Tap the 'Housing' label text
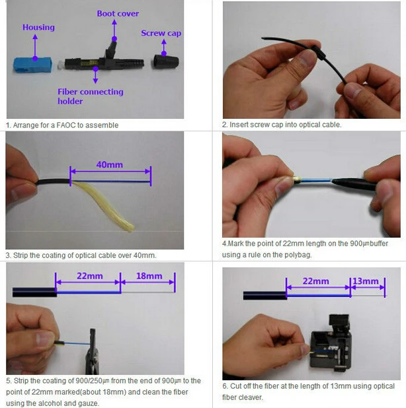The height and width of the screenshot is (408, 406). click(38, 28)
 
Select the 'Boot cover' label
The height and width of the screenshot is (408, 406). click(117, 13)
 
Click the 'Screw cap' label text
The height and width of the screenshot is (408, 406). click(161, 33)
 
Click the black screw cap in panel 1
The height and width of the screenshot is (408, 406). click(162, 63)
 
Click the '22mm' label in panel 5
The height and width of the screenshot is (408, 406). click(87, 276)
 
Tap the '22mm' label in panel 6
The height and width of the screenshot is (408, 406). click(317, 281)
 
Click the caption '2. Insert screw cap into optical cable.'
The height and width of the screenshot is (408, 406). click(282, 125)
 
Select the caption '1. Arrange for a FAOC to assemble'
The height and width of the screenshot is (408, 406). click(63, 125)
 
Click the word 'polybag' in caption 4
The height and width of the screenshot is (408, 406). click(312, 254)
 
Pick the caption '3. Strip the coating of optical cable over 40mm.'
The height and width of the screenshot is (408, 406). click(81, 255)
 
